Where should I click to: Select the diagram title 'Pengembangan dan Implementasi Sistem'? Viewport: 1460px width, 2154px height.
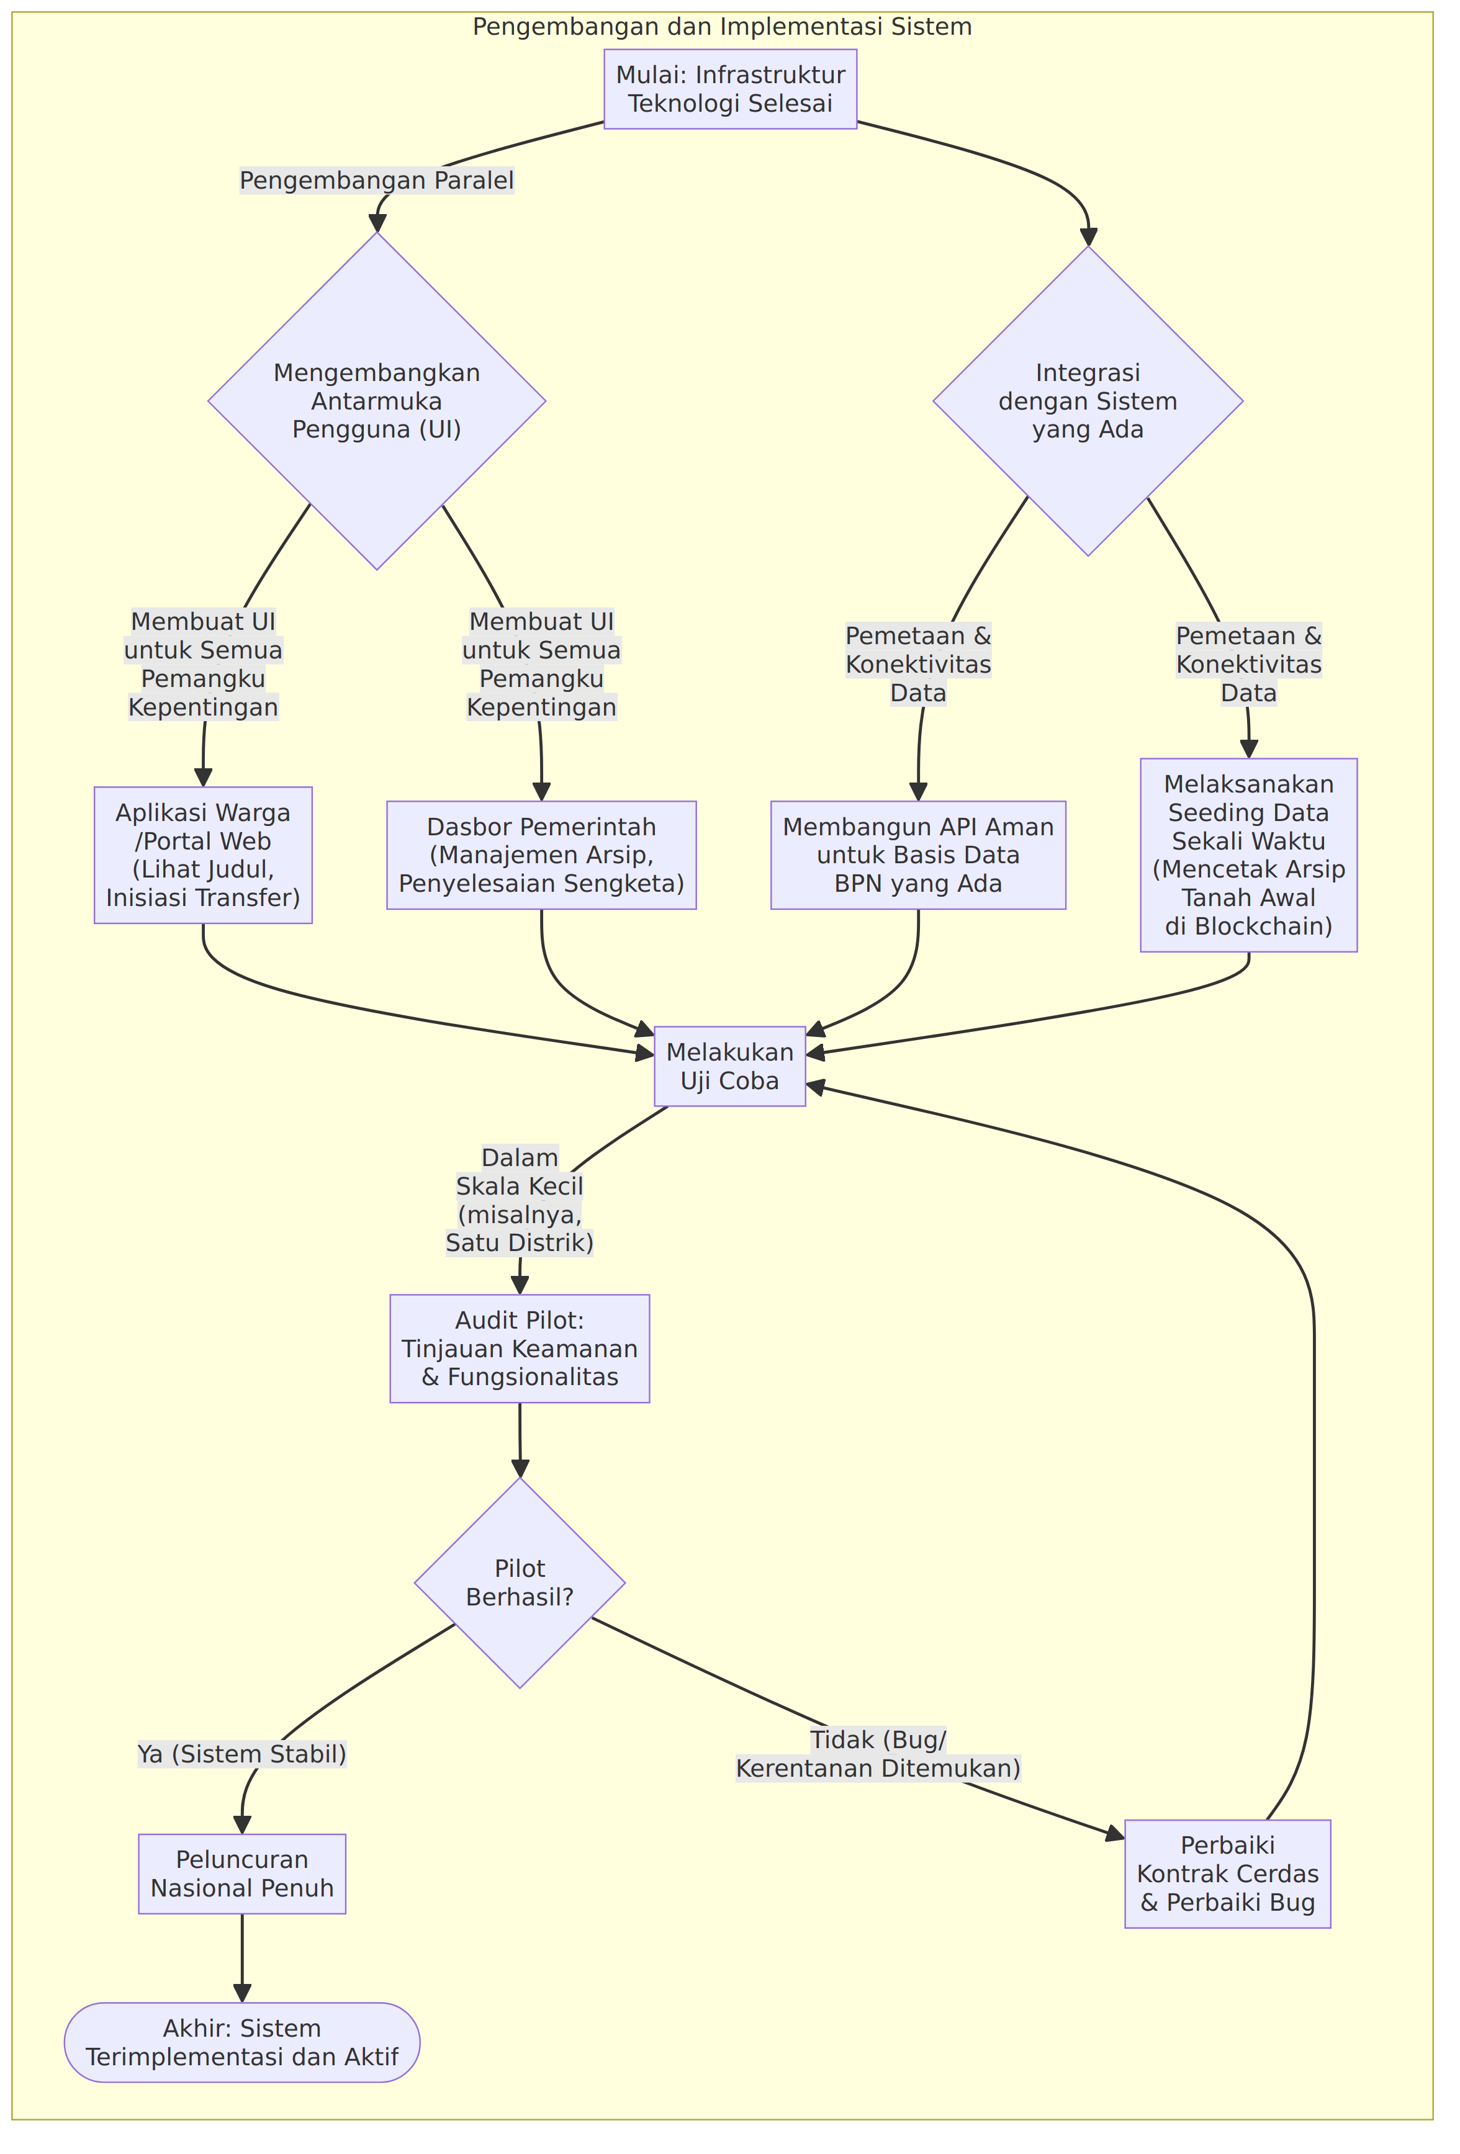click(x=722, y=27)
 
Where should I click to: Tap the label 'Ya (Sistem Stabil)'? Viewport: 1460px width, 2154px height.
click(x=242, y=1754)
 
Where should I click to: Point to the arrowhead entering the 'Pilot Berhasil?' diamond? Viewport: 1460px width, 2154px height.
click(x=520, y=1467)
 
